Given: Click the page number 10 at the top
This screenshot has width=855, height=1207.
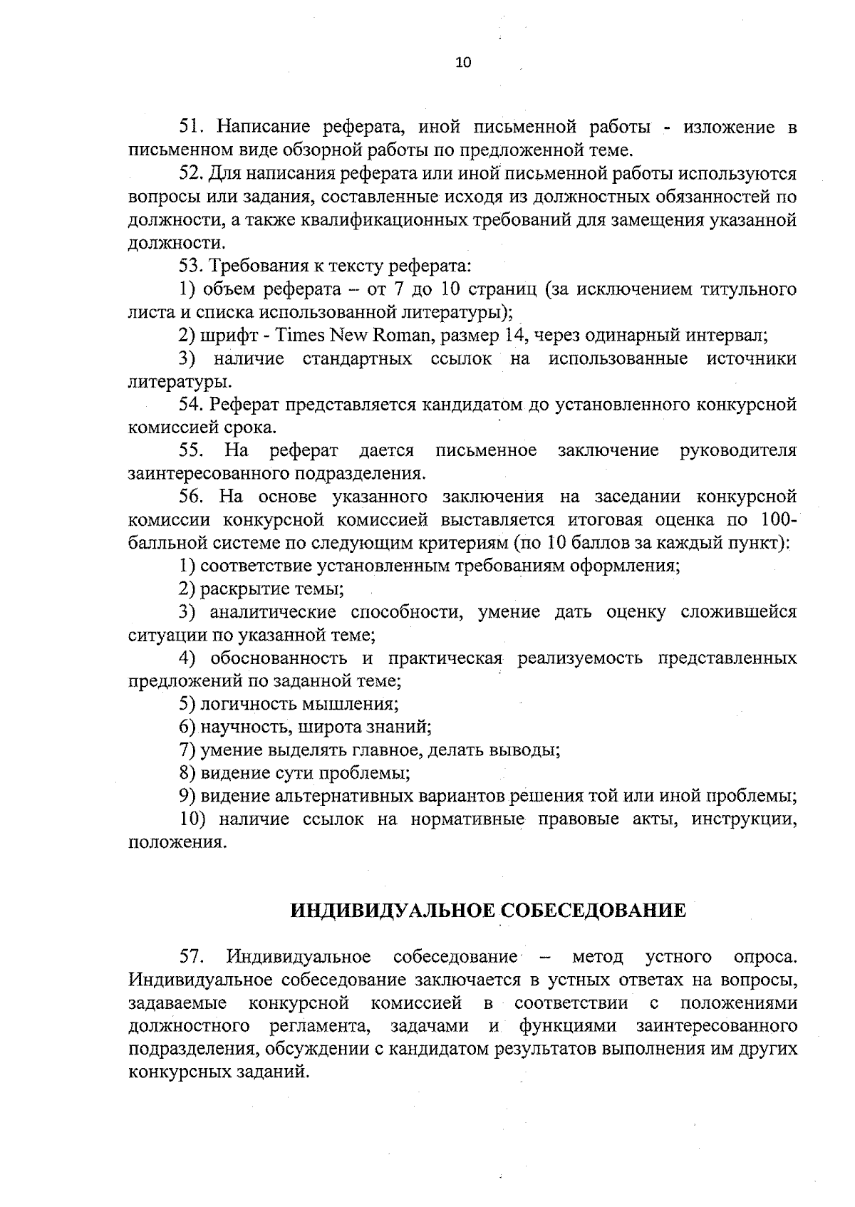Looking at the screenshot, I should pyautogui.click(x=462, y=63).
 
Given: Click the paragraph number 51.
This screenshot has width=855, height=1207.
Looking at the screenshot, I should pyautogui.click(x=192, y=128).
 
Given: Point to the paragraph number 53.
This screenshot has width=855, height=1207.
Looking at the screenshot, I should pyautogui.click(x=192, y=266).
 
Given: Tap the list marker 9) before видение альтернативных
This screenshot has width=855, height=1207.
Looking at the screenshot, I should pyautogui.click(x=187, y=796).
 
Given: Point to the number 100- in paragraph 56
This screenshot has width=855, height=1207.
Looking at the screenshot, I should pyautogui.click(x=778, y=520).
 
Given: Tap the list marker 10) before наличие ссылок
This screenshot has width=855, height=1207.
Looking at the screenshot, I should pyautogui.click(x=192, y=819).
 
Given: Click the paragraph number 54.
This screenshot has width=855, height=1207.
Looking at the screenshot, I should pyautogui.click(x=192, y=405).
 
